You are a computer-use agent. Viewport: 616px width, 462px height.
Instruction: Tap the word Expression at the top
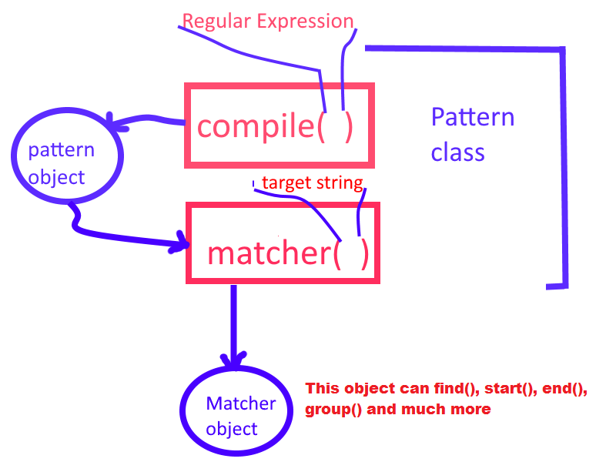(x=306, y=22)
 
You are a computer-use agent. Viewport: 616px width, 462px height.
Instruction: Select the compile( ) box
(x=279, y=126)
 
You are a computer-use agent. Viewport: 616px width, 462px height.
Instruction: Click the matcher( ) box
(x=283, y=243)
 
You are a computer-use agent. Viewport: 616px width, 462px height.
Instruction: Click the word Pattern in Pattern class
(x=472, y=118)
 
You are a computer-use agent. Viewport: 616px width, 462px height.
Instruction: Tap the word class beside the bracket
(x=457, y=152)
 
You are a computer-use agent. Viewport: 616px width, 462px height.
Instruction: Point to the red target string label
(x=312, y=183)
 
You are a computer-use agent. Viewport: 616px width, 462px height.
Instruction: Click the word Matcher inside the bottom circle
(x=240, y=403)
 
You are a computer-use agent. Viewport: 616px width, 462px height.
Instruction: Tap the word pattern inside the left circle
(x=62, y=149)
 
